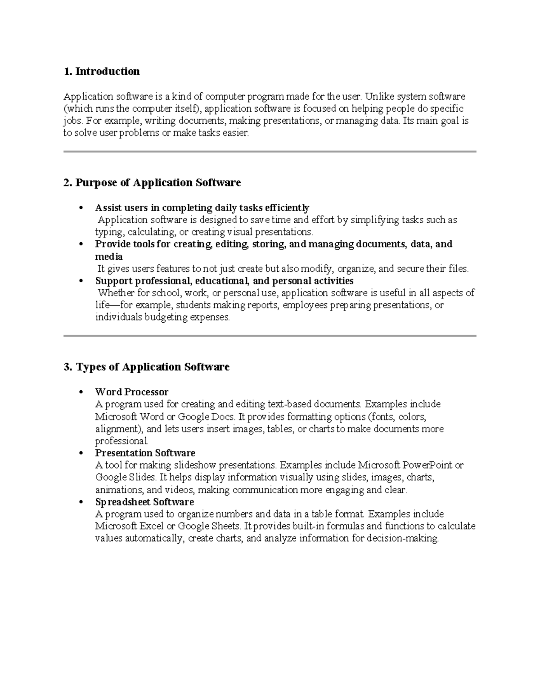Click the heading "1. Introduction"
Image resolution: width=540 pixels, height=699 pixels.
pyautogui.click(x=102, y=72)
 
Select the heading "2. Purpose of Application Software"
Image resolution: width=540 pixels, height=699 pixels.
pyautogui.click(x=152, y=182)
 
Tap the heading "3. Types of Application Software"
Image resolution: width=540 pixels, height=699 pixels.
pyautogui.click(x=147, y=367)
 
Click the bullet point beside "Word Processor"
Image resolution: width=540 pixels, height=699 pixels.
pyautogui.click(x=81, y=392)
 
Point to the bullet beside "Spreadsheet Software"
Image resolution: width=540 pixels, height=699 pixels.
pyautogui.click(x=81, y=502)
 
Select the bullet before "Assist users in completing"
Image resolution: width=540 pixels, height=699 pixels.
pyautogui.click(x=81, y=208)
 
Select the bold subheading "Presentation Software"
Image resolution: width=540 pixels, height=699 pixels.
pyautogui.click(x=145, y=453)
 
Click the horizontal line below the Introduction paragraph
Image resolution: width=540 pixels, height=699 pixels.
pyautogui.click(x=270, y=152)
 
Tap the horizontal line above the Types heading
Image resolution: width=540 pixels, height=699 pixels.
pyautogui.click(x=270, y=336)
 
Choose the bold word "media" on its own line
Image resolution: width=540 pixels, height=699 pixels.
pyautogui.click(x=108, y=257)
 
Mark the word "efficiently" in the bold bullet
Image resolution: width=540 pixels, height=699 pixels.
pyautogui.click(x=287, y=207)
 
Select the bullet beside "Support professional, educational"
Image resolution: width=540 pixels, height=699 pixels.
pyautogui.click(x=81, y=281)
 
